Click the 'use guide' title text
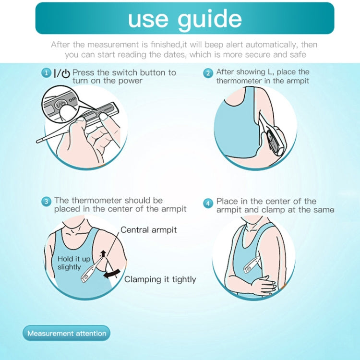pyautogui.click(x=185, y=19)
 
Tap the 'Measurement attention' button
pyautogui.click(x=67, y=333)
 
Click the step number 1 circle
pyautogui.click(x=46, y=73)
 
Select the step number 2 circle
pyautogui.click(x=208, y=73)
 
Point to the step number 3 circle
pyautogui.click(x=46, y=202)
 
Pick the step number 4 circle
pyautogui.click(x=208, y=204)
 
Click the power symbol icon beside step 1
pyautogui.click(x=66, y=73)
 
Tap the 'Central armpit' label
pyautogui.click(x=148, y=230)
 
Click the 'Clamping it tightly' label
pyautogui.click(x=160, y=279)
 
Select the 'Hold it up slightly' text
pyautogui.click(x=73, y=263)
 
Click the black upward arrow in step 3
pyautogui.click(x=103, y=254)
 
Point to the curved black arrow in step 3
pyautogui.click(x=112, y=274)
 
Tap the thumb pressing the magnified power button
pyautogui.click(x=66, y=112)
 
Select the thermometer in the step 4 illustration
pyautogui.click(x=252, y=264)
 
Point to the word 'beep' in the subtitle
pyautogui.click(x=214, y=45)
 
